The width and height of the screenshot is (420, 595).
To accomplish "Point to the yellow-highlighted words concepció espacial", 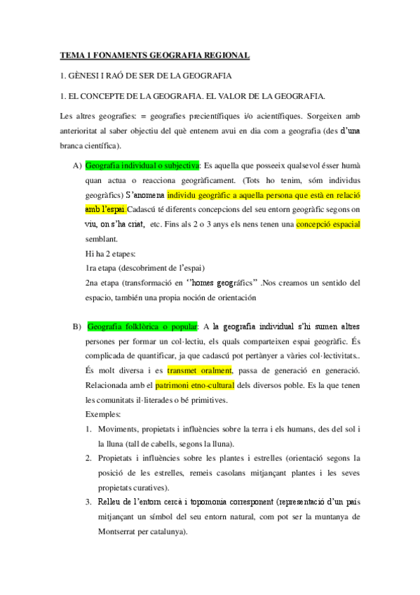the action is [328, 225].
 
